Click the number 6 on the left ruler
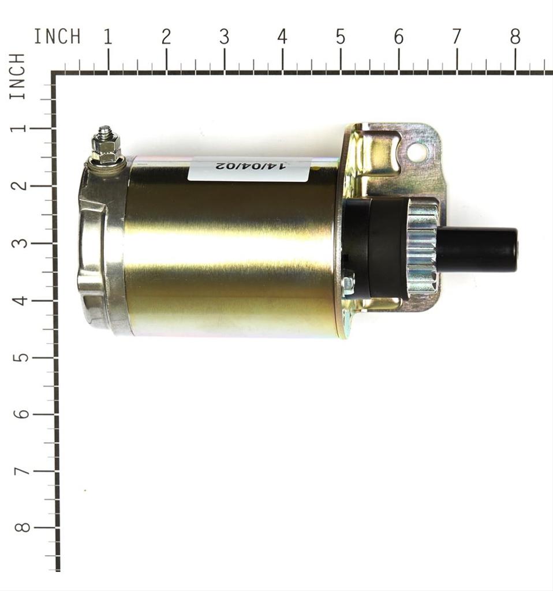pos(21,414)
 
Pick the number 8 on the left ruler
pos(21,527)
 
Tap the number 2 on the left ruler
pos(21,186)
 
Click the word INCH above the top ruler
pos(57,37)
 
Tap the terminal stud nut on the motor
pos(106,148)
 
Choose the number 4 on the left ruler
pos(21,300)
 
